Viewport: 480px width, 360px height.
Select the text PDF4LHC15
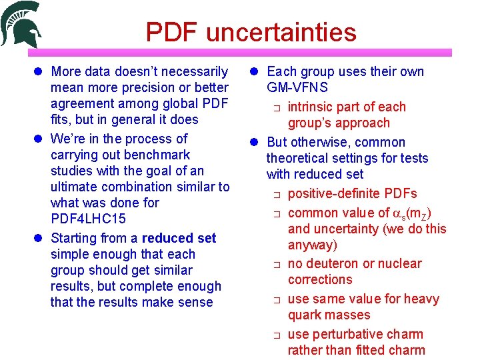89,219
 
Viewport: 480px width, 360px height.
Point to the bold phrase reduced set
179,238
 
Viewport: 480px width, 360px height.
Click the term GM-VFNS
297,87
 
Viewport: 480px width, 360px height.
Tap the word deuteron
330,263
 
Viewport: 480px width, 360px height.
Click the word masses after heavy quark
347,315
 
